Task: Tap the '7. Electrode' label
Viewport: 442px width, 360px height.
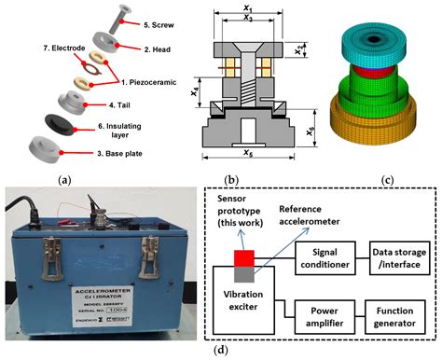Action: [32, 47]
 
